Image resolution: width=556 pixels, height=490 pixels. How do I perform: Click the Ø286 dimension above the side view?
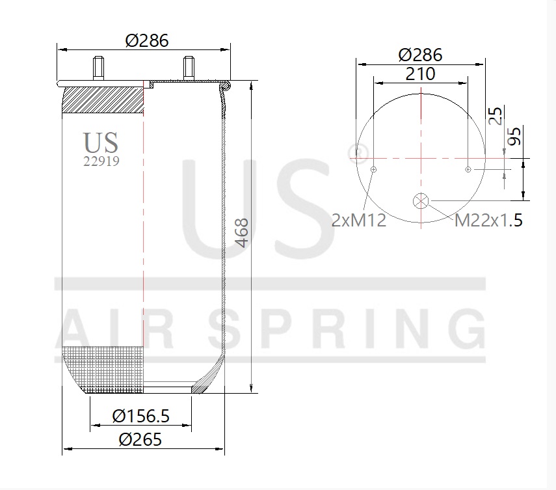pos(147,41)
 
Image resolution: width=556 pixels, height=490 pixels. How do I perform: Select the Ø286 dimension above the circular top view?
pos(420,55)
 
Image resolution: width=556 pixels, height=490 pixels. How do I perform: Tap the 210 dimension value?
pos(420,74)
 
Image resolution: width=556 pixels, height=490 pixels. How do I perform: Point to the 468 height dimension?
pos(242,233)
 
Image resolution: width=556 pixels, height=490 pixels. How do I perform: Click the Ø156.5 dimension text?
pos(140,416)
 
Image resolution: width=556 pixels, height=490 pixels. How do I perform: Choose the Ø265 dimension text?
pos(140,440)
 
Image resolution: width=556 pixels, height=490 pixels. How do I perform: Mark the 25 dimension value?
pos(496,116)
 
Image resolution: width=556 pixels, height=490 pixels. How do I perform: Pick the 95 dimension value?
pos(514,136)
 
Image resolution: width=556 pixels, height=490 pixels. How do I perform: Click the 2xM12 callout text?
pos(358,221)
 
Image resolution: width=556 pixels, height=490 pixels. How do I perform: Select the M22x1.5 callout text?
pos(488,221)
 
